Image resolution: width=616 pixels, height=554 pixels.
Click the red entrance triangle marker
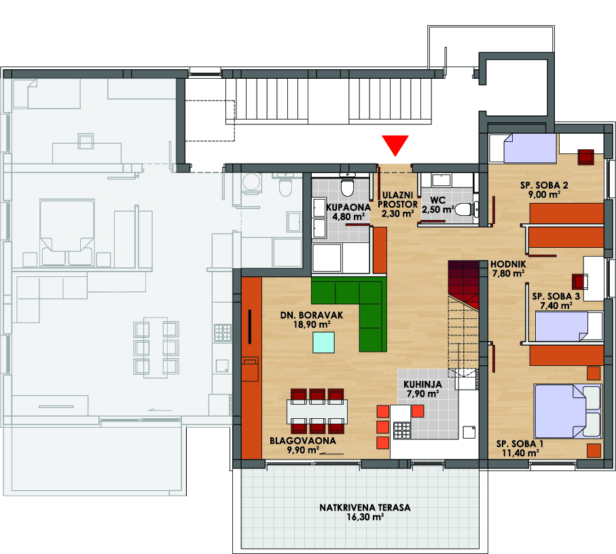point(395,145)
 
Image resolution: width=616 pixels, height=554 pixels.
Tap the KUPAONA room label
point(348,207)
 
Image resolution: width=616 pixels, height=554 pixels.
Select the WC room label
point(438,200)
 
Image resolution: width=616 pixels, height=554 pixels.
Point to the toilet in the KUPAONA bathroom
point(347,187)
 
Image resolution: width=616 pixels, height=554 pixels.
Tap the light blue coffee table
point(324,342)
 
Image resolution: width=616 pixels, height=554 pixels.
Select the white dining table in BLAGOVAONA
point(317,411)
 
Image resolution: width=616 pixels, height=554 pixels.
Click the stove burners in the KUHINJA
point(401,430)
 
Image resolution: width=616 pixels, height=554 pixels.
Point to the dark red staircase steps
point(464,284)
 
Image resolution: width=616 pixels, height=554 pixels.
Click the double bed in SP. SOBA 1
point(568,411)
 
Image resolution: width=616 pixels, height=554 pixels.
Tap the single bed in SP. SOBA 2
point(522,149)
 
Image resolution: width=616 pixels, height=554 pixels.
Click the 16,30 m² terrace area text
point(365,517)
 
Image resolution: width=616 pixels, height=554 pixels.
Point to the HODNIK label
point(508,264)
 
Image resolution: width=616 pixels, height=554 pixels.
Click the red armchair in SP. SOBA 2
point(585,157)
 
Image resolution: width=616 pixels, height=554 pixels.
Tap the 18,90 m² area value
point(312,325)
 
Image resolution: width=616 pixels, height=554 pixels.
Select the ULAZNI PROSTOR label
point(397,200)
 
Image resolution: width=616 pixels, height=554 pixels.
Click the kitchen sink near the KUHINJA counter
point(469,432)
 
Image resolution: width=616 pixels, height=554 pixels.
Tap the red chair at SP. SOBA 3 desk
point(580,282)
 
